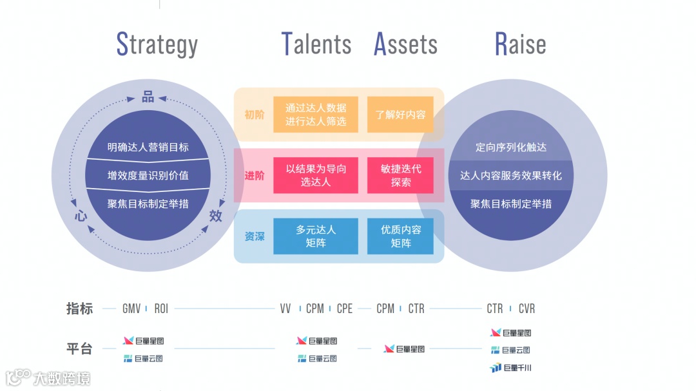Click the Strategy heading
157,44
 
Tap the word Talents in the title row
316,44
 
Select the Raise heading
520,44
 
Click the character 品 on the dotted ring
148,97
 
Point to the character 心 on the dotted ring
81,216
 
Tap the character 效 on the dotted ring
215,216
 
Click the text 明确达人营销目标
148,148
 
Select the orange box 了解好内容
400,115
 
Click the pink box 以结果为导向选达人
316,175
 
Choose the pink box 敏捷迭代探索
400,175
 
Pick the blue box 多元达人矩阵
316,236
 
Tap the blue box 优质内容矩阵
400,236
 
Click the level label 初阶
254,115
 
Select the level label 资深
254,236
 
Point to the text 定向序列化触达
510,148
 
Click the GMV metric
131,309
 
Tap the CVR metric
527,309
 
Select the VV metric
285,309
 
